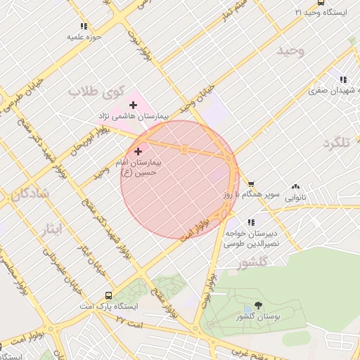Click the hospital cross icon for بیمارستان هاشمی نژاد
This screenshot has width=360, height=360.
pyautogui.click(x=133, y=105)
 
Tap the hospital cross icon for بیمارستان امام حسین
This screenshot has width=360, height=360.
pyautogui.click(x=137, y=150)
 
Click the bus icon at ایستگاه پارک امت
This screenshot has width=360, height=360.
pyautogui.click(x=108, y=295)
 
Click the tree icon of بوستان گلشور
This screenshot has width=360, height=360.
pyautogui.click(x=259, y=305)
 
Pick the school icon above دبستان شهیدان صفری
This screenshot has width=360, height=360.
pyautogui.click(x=342, y=81)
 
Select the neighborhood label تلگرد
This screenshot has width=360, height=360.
pyautogui.click(x=336, y=143)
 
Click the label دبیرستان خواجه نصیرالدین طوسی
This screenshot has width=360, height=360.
pyautogui.click(x=250, y=238)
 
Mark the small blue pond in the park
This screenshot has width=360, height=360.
pyautogui.click(x=247, y=309)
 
